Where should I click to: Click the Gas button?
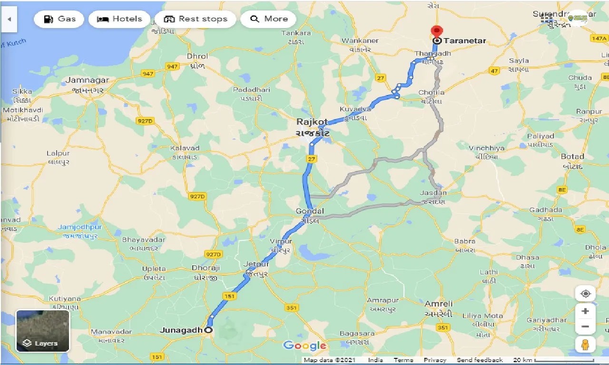(59, 19)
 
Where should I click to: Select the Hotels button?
(119, 19)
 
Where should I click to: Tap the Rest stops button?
(195, 19)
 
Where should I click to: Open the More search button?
(268, 19)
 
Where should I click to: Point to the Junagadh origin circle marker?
(208, 330)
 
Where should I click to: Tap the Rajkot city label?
(312, 122)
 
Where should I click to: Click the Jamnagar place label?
(88, 80)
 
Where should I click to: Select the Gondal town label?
(310, 211)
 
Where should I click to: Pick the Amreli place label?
(439, 304)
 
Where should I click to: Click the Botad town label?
(572, 156)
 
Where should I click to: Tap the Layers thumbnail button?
(43, 331)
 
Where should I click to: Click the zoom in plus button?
(585, 311)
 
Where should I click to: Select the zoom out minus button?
(585, 327)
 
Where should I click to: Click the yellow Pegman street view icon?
(585, 344)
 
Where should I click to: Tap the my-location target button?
(585, 294)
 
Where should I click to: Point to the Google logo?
(304, 346)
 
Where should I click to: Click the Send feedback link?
(480, 360)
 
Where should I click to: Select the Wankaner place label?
(360, 41)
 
